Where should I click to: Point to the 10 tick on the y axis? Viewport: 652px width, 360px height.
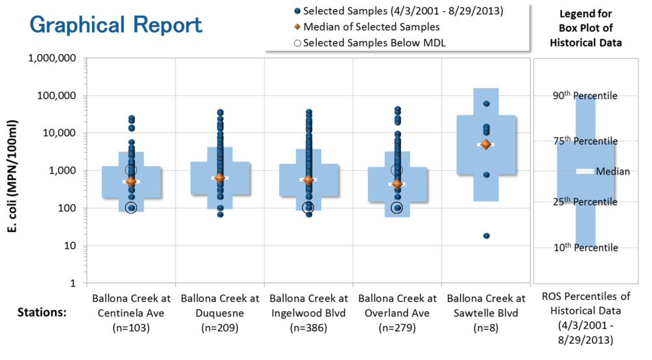(68, 246)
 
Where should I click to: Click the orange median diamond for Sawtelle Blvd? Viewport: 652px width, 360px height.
(485, 144)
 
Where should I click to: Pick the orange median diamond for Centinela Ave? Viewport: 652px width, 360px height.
(131, 182)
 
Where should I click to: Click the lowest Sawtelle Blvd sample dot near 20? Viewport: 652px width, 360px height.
(486, 235)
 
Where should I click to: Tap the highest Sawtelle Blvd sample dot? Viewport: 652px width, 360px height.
(486, 104)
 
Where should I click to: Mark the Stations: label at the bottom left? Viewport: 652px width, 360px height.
(40, 312)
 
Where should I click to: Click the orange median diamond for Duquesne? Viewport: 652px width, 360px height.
(220, 178)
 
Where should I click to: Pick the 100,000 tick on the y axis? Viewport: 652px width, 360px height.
(53, 96)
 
